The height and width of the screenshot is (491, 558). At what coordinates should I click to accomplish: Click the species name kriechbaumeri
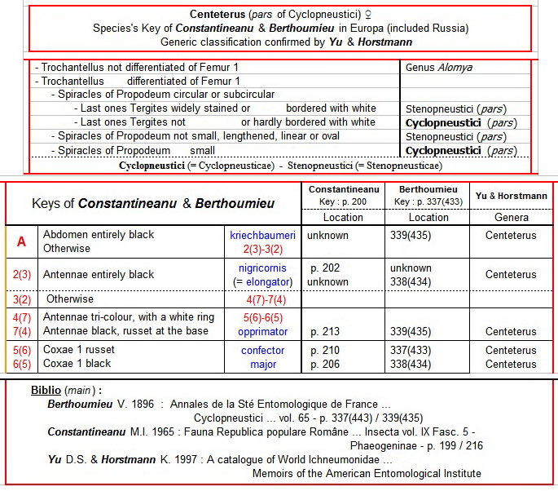pos(262,235)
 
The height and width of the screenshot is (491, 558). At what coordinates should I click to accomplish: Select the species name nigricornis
pos(262,268)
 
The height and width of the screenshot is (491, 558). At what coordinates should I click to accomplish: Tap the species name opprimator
pos(262,332)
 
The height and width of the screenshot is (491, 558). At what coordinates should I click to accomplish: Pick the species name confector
pos(262,351)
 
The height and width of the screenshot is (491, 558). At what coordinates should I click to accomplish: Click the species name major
pos(263,365)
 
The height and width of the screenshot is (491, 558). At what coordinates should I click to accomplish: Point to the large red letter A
pos(21,241)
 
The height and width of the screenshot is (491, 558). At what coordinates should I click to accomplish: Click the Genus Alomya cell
pos(438,68)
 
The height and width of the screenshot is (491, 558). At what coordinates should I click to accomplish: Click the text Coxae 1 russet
pos(79,350)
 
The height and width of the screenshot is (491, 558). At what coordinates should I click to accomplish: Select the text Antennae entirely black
pos(99,275)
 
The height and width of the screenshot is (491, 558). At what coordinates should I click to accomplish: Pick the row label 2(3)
pos(21,275)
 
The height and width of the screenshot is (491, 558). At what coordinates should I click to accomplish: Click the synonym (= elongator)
pos(262,282)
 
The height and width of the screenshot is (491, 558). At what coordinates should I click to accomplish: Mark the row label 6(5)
pos(21,365)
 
